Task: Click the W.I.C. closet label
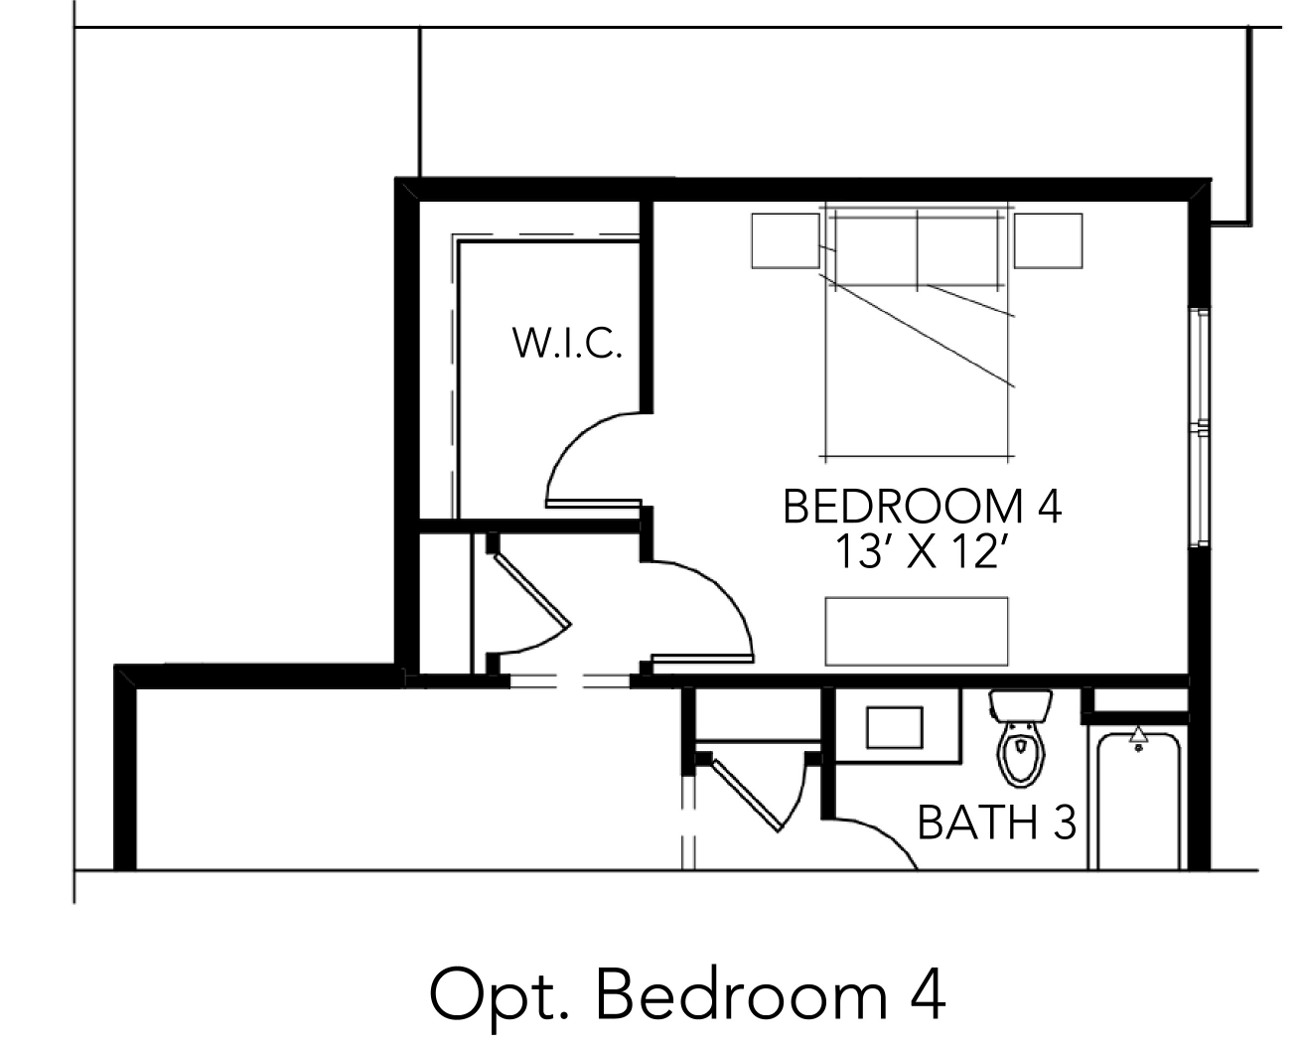pyautogui.click(x=567, y=343)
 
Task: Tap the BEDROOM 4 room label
pyautogui.click(x=923, y=507)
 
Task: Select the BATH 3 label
pyautogui.click(x=997, y=823)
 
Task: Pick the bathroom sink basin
pyautogui.click(x=894, y=727)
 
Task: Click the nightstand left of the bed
pyautogui.click(x=786, y=240)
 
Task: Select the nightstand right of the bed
pyautogui.click(x=1048, y=240)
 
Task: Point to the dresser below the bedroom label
pyautogui.click(x=917, y=631)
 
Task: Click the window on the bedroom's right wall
pyautogui.click(x=1199, y=427)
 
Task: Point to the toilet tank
pyautogui.click(x=1021, y=705)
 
